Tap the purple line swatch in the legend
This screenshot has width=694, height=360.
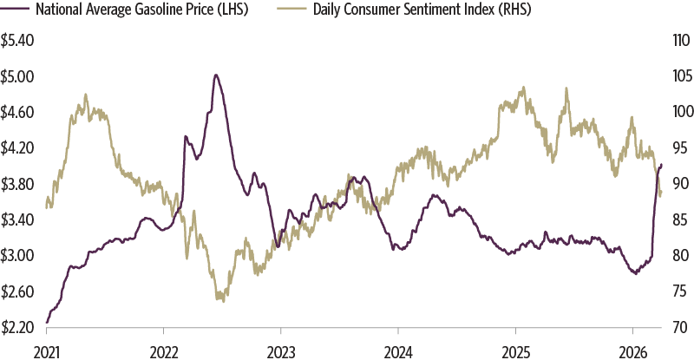point(16,10)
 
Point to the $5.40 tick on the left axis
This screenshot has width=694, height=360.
point(18,40)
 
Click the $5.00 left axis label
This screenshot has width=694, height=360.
point(18,76)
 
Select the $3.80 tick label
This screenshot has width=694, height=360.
point(18,184)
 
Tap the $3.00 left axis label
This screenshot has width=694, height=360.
point(18,256)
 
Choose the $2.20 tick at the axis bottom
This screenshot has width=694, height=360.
point(18,327)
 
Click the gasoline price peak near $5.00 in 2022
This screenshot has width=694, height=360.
point(215,75)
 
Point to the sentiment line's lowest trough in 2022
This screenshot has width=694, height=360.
point(223,300)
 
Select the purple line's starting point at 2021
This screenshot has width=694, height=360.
point(46,322)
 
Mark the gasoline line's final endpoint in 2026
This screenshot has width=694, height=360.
point(662,164)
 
